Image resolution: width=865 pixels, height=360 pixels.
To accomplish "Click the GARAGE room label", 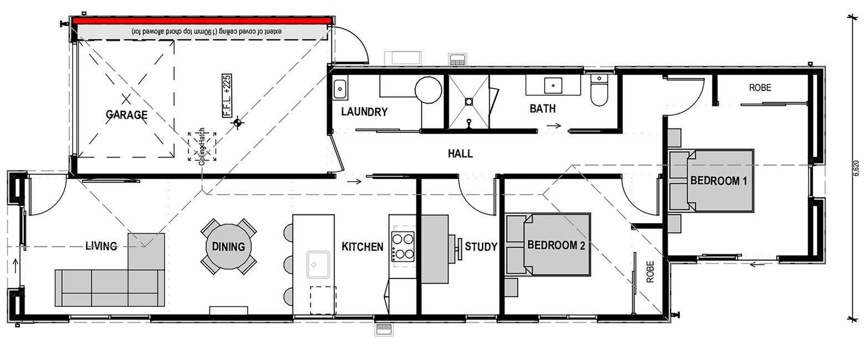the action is pyautogui.click(x=127, y=115).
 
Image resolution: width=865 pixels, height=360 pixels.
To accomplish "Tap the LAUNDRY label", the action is pyautogui.click(x=364, y=112).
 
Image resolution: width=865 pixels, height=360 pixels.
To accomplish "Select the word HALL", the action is pyautogui.click(x=460, y=153).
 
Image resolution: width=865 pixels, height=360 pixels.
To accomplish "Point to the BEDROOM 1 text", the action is pyautogui.click(x=719, y=181).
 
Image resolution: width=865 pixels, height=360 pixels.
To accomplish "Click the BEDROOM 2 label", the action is pyautogui.click(x=556, y=245).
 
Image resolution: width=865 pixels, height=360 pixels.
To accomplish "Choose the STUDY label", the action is pyautogui.click(x=481, y=246).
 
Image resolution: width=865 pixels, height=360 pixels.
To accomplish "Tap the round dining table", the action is pyautogui.click(x=229, y=246).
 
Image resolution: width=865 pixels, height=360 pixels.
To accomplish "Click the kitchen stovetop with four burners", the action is pyautogui.click(x=403, y=246).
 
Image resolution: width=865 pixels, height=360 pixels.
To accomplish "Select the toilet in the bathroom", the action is pyautogui.click(x=599, y=90).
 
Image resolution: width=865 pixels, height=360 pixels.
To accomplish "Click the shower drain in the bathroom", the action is pyautogui.click(x=468, y=101).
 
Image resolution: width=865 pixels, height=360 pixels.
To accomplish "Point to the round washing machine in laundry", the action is pyautogui.click(x=428, y=90).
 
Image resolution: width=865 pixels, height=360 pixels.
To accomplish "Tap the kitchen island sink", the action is pyautogui.click(x=318, y=265).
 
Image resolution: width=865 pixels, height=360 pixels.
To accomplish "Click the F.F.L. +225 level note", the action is pyautogui.click(x=227, y=95).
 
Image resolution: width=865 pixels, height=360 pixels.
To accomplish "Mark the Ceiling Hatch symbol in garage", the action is pyautogui.click(x=202, y=147).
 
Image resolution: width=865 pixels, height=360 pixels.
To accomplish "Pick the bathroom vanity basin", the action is pyautogui.click(x=553, y=85).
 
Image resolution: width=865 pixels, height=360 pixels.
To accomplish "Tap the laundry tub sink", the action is pyautogui.click(x=340, y=89).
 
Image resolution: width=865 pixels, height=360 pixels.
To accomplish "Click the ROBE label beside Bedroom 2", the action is pyautogui.click(x=651, y=271).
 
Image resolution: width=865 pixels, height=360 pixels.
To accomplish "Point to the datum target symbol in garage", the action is pyautogui.click(x=238, y=123).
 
